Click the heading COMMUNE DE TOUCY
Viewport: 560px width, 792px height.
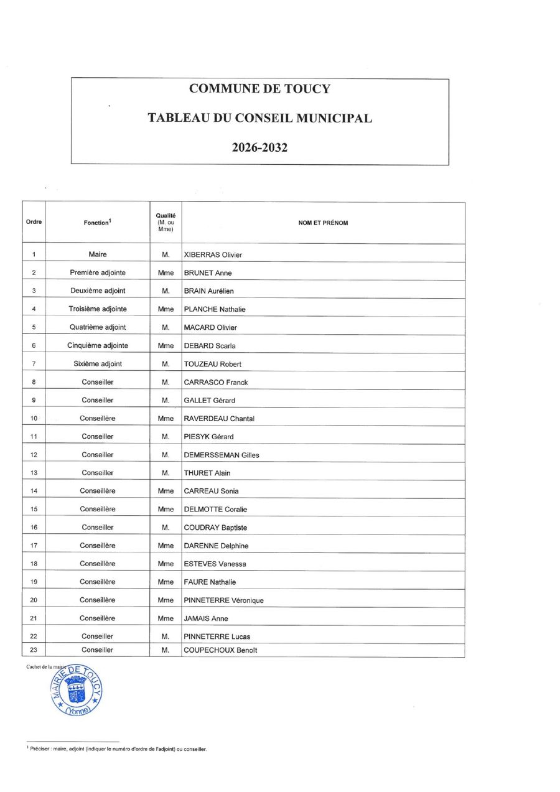tap(259, 88)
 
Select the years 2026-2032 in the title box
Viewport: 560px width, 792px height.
tap(259, 148)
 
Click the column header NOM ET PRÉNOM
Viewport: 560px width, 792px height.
tap(323, 223)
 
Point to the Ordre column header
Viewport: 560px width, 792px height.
tap(34, 222)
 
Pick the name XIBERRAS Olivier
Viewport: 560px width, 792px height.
tap(213, 254)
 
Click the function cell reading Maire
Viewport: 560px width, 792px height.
tap(98, 254)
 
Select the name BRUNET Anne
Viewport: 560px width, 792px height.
tap(208, 273)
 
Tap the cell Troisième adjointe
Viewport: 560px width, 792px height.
tap(98, 309)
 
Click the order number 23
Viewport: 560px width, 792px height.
tap(34, 650)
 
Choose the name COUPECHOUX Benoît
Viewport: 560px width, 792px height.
tap(220, 650)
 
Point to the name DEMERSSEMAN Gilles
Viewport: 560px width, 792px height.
tap(222, 455)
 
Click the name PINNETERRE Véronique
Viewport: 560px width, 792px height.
tap(223, 600)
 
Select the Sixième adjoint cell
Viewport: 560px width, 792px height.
tap(98, 363)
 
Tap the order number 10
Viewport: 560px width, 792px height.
tap(34, 418)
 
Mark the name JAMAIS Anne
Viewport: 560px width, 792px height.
tap(206, 618)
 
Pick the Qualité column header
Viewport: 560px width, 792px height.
tap(166, 222)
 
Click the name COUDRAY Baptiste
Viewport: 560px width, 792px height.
tap(215, 528)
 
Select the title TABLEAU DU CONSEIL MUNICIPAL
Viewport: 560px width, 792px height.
tap(259, 118)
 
